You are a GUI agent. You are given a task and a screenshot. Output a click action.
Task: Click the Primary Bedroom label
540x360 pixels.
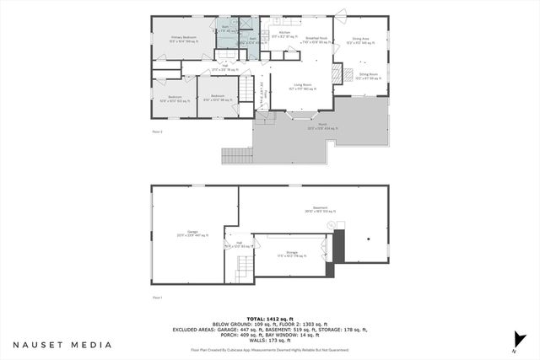pos(183,38)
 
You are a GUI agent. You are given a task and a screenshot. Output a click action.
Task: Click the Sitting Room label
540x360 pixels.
pos(368,75)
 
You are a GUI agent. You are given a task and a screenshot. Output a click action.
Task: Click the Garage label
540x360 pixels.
pos(187,234)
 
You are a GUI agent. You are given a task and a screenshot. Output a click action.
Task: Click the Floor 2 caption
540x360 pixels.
pos(157,132)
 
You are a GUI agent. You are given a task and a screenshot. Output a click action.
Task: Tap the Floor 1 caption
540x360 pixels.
pos(157,298)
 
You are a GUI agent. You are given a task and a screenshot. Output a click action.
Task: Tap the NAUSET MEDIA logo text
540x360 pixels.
pos(62,345)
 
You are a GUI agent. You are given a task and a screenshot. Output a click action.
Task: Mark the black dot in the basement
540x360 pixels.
pos(369,239)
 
